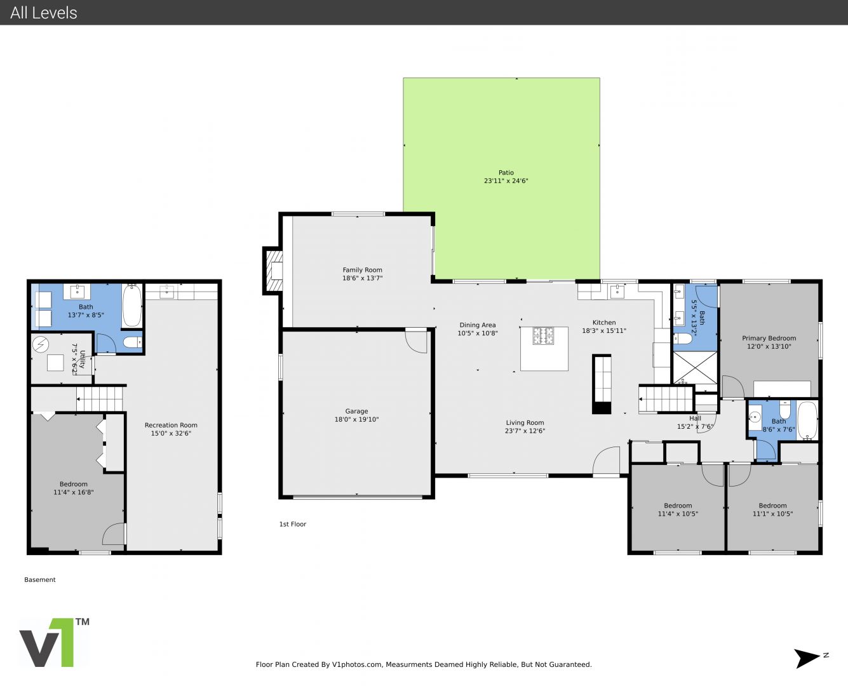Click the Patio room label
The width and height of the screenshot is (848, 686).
[x=506, y=172]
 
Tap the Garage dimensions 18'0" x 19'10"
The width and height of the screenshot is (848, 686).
[x=356, y=419]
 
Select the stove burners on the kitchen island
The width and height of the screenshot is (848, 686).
[x=544, y=335]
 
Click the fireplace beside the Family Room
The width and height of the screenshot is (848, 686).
[x=273, y=271]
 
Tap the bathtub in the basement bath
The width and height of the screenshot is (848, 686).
[x=132, y=306]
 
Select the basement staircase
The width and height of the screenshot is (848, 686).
[x=100, y=398]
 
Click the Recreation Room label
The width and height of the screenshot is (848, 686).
[x=171, y=425]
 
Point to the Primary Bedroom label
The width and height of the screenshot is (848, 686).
[x=769, y=338]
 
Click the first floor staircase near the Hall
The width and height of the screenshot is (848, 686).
[x=665, y=400]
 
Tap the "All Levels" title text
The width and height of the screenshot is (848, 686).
[x=43, y=13]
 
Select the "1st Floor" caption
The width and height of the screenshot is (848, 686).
[x=293, y=524]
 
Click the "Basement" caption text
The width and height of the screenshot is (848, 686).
[x=40, y=580]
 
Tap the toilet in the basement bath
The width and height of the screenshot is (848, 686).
[x=132, y=342]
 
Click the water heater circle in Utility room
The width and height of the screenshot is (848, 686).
[x=41, y=345]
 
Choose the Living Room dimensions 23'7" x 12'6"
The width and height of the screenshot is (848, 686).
[x=525, y=431]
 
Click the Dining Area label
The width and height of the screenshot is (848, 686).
[x=477, y=325]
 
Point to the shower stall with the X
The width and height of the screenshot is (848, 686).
[x=695, y=368]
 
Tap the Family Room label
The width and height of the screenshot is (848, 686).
[x=362, y=270]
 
